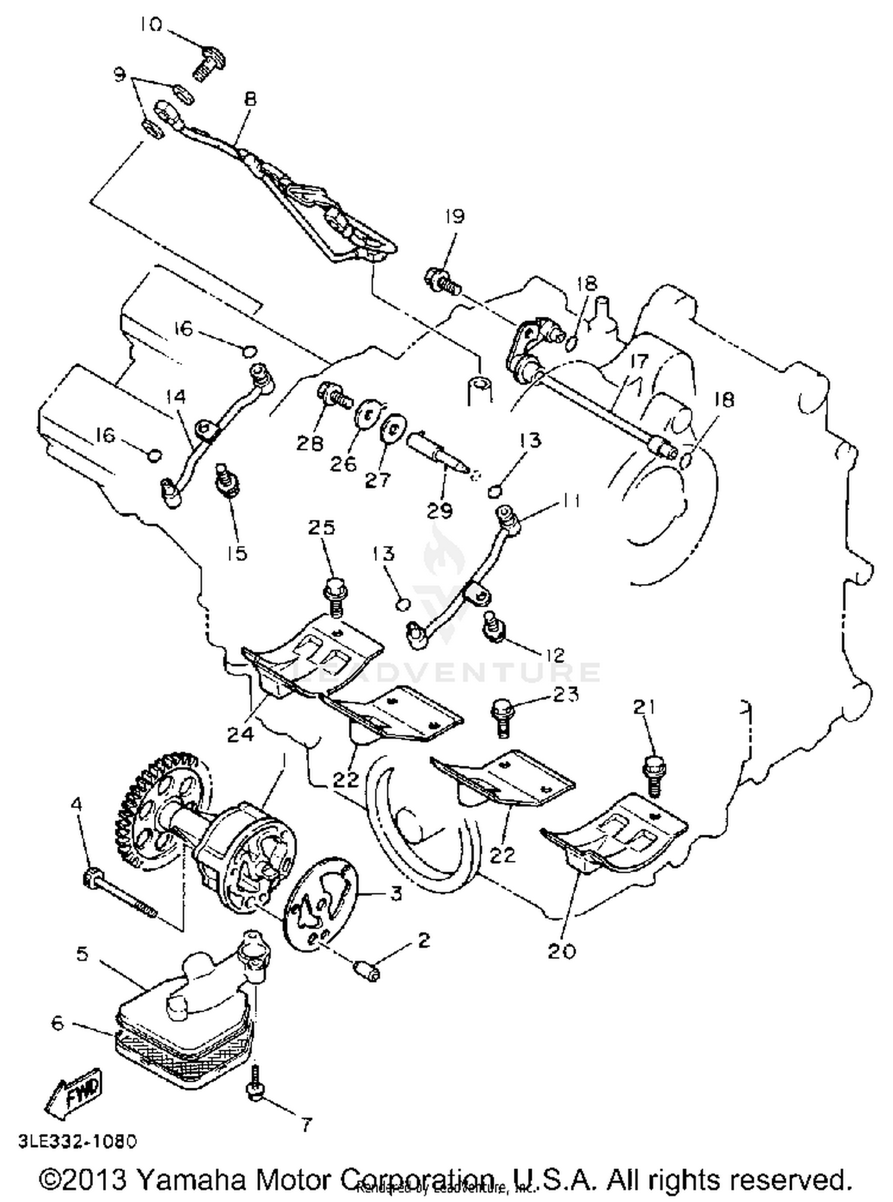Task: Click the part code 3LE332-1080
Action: click(77, 1141)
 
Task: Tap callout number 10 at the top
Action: click(151, 26)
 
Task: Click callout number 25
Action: click(321, 527)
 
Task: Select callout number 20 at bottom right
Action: click(561, 951)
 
